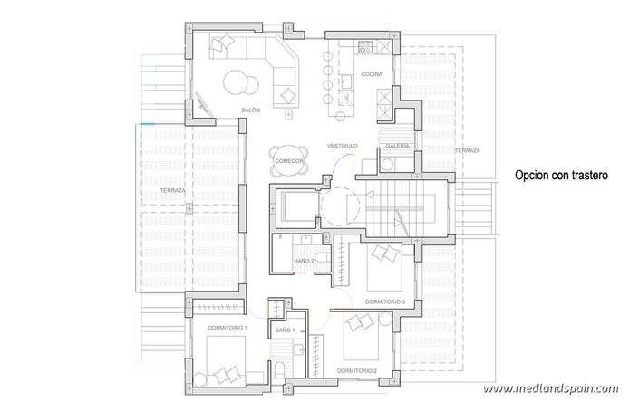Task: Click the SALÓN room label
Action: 251,110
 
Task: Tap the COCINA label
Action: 371,74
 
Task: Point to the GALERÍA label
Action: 397,146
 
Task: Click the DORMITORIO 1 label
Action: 228,326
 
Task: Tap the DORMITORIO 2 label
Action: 355,370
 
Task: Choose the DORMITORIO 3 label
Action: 384,301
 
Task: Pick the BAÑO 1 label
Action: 285,332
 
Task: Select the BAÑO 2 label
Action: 305,261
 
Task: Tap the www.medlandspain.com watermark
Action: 563,389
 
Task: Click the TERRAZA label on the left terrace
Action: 172,190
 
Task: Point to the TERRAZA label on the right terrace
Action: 468,150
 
